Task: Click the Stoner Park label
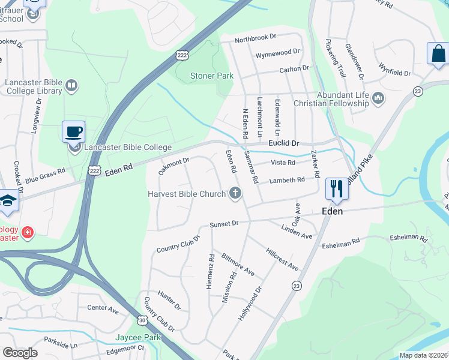click(x=211, y=76)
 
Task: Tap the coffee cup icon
click(x=73, y=131)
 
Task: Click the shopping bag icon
click(x=438, y=53)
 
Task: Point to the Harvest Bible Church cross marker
click(x=235, y=193)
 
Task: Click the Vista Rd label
click(x=283, y=163)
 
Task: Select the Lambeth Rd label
click(x=287, y=180)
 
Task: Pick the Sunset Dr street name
click(x=224, y=224)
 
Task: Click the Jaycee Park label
click(x=139, y=338)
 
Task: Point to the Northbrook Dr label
click(x=255, y=37)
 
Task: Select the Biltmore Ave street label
click(x=238, y=265)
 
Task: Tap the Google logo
click(x=20, y=353)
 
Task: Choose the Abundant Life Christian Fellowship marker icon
click(x=378, y=98)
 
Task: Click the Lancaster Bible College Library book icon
click(x=71, y=86)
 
